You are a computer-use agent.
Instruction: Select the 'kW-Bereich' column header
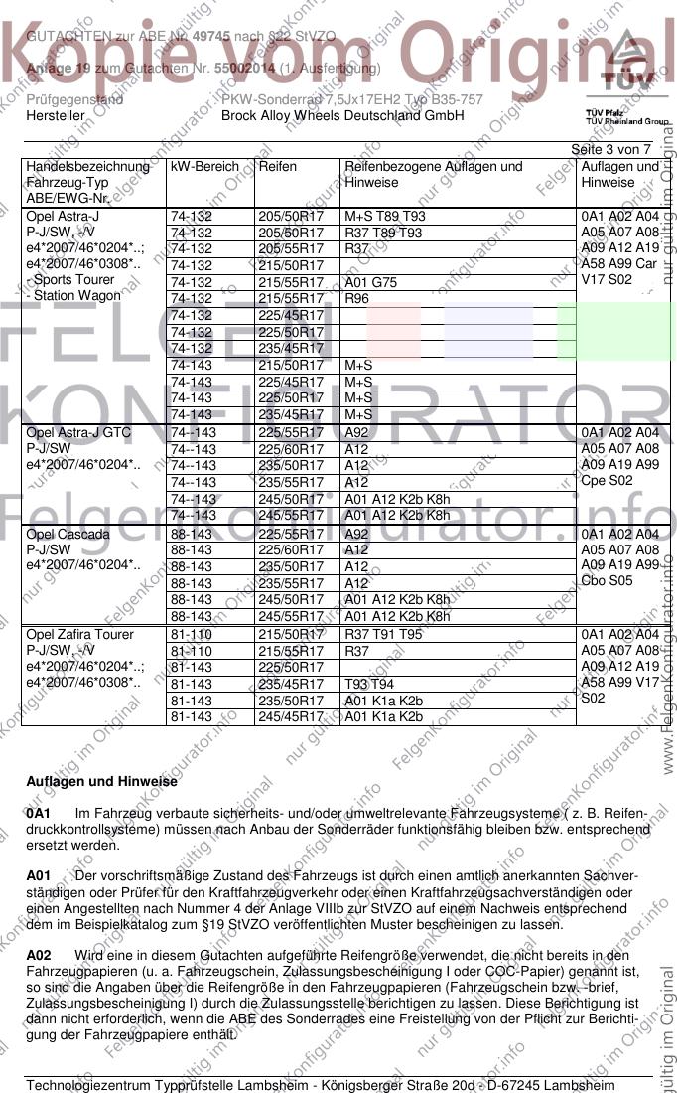click(204, 167)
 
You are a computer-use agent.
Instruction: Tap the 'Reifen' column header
click(277, 167)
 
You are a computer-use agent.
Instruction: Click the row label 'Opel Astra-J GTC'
click(78, 433)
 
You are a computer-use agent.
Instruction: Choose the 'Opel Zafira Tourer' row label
click(79, 635)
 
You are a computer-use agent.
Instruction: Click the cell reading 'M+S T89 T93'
click(384, 217)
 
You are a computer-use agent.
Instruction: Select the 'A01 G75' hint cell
click(370, 282)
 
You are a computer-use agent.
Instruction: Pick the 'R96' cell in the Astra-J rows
click(356, 298)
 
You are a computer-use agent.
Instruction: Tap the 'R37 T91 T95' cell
click(382, 635)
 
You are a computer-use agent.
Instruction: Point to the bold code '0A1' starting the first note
click(38, 814)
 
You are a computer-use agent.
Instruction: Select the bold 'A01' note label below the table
click(38, 876)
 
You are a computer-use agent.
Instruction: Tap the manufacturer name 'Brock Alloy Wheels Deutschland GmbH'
click(342, 115)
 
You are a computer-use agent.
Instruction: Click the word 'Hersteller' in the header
click(56, 115)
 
